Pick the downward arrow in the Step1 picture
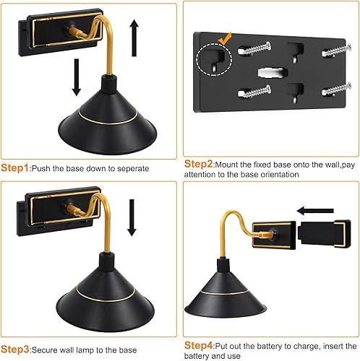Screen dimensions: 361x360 point(76,77)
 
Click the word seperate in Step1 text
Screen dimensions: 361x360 point(130,168)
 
